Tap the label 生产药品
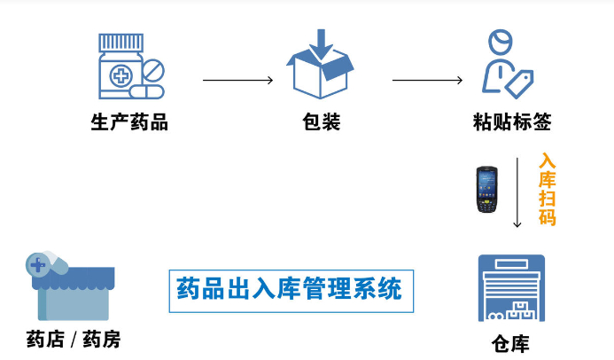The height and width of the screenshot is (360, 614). [x=129, y=122]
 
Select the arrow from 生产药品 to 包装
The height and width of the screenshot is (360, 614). [x=237, y=81]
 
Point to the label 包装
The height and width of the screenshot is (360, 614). [x=321, y=122]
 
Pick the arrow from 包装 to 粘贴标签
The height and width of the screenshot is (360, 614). [x=427, y=81]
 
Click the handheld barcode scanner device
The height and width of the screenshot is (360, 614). [x=486, y=189]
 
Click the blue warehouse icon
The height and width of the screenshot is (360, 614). [x=511, y=289]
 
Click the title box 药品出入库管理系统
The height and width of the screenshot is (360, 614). [x=290, y=290]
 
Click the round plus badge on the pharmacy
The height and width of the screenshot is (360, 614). [x=38, y=263]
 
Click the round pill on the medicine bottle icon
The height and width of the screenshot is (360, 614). [x=152, y=69]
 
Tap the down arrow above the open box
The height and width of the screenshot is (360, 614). [x=320, y=41]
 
